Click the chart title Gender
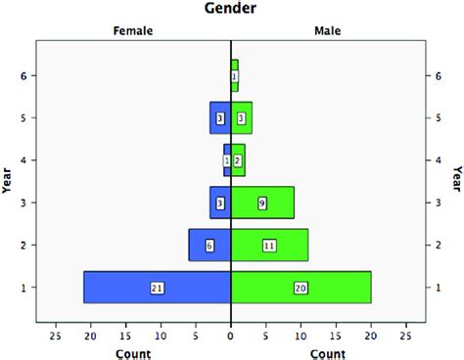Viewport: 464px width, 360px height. click(231, 10)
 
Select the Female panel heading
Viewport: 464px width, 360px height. click(133, 31)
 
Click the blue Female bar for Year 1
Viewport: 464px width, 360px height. click(117, 287)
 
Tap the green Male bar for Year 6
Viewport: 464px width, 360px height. click(235, 75)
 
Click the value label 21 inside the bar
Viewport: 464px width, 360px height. click(157, 288)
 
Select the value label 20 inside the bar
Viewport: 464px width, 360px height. click(301, 288)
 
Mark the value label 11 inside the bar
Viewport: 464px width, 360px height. click(269, 246)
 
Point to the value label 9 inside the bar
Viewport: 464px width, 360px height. click(262, 202)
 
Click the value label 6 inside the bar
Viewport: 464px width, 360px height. click(209, 246)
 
